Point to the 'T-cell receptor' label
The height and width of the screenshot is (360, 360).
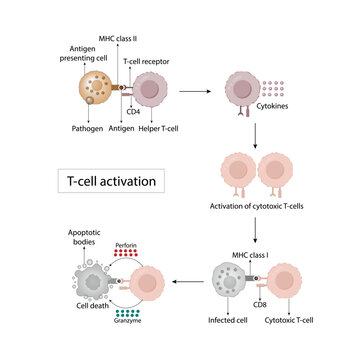point(144,61)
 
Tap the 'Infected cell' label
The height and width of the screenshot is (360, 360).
point(227,322)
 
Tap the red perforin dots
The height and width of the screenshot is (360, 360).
point(125,255)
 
